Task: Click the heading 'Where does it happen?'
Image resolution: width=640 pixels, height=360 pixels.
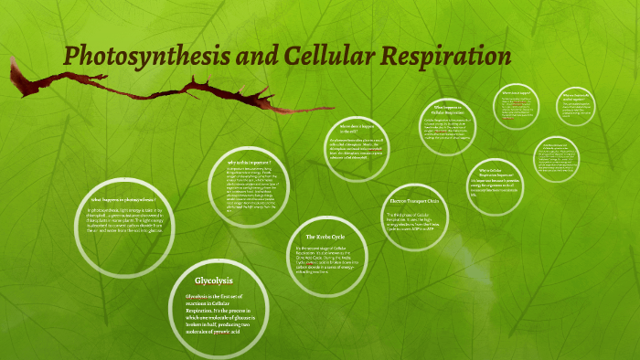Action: tap(516, 92)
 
